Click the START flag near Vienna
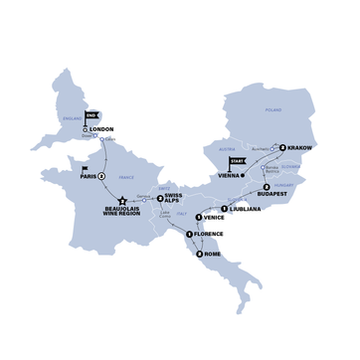237,162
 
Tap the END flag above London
91,116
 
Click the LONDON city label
102,129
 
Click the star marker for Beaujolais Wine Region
122,201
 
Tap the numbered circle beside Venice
199,217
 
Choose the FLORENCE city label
208,234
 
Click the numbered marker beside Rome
201,254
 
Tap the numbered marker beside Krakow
283,147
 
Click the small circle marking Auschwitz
272,146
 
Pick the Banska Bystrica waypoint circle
263,166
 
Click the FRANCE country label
125,177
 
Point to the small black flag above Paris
86,168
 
